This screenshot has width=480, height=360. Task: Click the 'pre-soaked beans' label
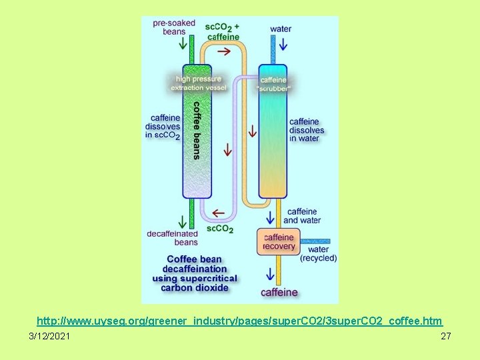pyautogui.click(x=174, y=27)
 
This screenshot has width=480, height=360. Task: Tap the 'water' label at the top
pyautogui.click(x=281, y=29)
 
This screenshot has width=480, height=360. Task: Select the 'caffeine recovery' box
pyautogui.click(x=279, y=242)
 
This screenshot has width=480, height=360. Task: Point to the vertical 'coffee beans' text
pyautogui.click(x=197, y=130)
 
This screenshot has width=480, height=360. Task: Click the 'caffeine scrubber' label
pyautogui.click(x=273, y=84)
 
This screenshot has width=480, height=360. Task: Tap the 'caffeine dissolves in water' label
pyautogui.click(x=307, y=130)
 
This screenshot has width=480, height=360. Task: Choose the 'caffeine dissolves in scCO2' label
pyautogui.click(x=163, y=127)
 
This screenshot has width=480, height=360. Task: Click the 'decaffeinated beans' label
pyautogui.click(x=173, y=238)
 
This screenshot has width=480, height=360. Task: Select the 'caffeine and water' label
pyautogui.click(x=302, y=216)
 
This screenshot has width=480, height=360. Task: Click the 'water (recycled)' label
pyautogui.click(x=318, y=254)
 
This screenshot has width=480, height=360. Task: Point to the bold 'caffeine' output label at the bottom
pyautogui.click(x=279, y=292)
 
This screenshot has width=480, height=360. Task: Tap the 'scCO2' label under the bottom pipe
pyautogui.click(x=220, y=229)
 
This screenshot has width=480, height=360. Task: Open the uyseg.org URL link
pyautogui.click(x=239, y=321)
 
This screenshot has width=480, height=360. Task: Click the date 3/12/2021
pyautogui.click(x=49, y=337)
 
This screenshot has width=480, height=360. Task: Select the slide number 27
pyautogui.click(x=446, y=337)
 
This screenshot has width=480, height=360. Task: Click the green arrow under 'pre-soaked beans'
pyautogui.click(x=182, y=45)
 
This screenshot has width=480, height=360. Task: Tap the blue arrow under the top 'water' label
pyautogui.click(x=281, y=45)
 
